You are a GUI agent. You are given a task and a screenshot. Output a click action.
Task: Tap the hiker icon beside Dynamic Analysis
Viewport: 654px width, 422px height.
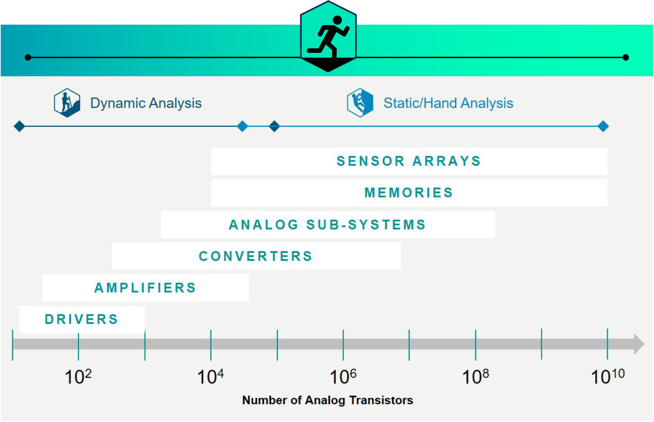point(67,103)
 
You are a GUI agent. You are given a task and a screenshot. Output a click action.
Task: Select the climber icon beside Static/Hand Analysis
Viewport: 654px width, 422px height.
point(360,103)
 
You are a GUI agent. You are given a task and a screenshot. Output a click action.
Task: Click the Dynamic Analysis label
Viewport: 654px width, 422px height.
point(146,103)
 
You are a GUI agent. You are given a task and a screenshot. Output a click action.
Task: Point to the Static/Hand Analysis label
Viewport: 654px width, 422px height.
point(448,103)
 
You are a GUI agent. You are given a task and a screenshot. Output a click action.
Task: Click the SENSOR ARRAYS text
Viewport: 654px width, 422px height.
point(409,161)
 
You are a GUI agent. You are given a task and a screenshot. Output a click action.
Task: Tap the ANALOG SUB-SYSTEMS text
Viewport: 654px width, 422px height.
point(327,224)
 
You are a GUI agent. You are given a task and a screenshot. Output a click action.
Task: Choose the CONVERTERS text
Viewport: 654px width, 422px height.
point(255,256)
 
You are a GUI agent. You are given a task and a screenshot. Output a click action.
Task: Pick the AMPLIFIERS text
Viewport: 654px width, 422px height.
point(145,288)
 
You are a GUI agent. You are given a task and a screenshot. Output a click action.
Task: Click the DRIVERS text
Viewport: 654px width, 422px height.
point(81,319)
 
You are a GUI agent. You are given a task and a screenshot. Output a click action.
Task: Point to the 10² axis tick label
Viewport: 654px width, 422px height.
point(78,376)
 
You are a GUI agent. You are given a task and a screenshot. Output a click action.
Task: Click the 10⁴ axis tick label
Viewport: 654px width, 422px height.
point(210,376)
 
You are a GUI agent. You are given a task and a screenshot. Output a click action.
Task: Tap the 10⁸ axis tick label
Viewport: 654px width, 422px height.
point(476,376)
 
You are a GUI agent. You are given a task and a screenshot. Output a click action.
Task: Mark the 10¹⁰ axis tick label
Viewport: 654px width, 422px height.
point(608,376)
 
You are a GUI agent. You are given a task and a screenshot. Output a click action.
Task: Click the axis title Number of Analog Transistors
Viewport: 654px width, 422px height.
point(327,400)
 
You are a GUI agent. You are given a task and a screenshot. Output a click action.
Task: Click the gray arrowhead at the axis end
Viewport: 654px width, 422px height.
point(639,344)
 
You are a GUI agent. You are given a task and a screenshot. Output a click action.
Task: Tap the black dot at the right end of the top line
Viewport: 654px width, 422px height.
point(625,57)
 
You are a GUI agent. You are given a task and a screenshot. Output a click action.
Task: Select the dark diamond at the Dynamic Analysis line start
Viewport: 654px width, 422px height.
point(20,126)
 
